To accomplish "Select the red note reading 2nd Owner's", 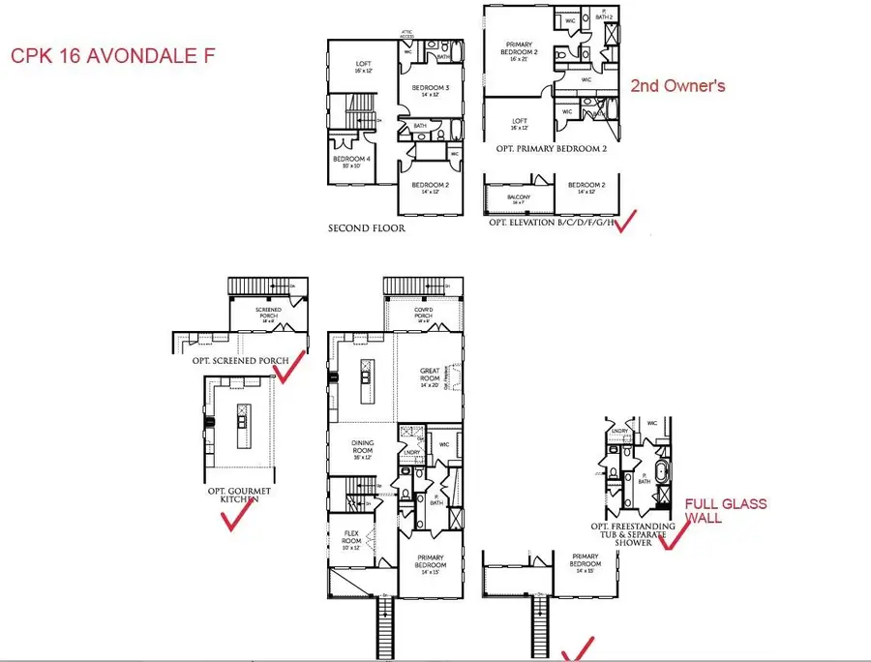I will (677, 86).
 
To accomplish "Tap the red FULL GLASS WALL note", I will (725, 511).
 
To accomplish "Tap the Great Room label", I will (430, 375).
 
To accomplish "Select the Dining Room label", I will (362, 448).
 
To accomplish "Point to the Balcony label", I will (519, 197).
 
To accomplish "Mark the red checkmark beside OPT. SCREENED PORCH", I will (290, 367).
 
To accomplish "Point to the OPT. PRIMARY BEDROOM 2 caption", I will (550, 148).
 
